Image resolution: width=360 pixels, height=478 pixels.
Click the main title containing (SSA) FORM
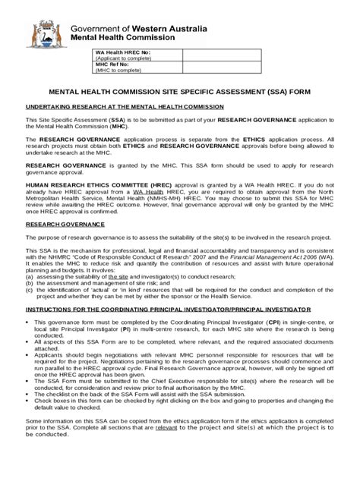(179, 90)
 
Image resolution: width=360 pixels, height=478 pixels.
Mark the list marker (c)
(29, 291)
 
